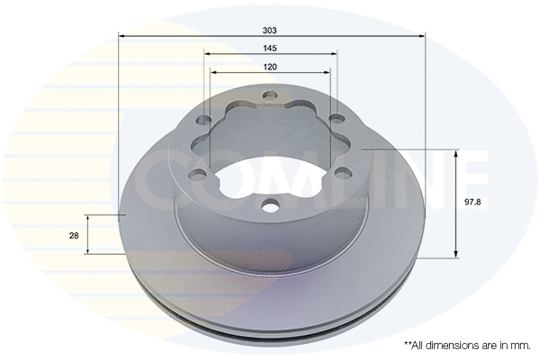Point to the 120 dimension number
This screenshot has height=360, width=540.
[x=270, y=67]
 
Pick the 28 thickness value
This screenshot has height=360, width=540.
[x=74, y=235]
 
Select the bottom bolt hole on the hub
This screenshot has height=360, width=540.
[x=270, y=206]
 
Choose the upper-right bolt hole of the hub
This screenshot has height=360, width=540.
[x=335, y=120]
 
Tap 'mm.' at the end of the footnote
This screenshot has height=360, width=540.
[x=521, y=345]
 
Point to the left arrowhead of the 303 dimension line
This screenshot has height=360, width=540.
[x=122, y=36]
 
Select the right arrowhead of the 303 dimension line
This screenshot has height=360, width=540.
[x=422, y=36]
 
